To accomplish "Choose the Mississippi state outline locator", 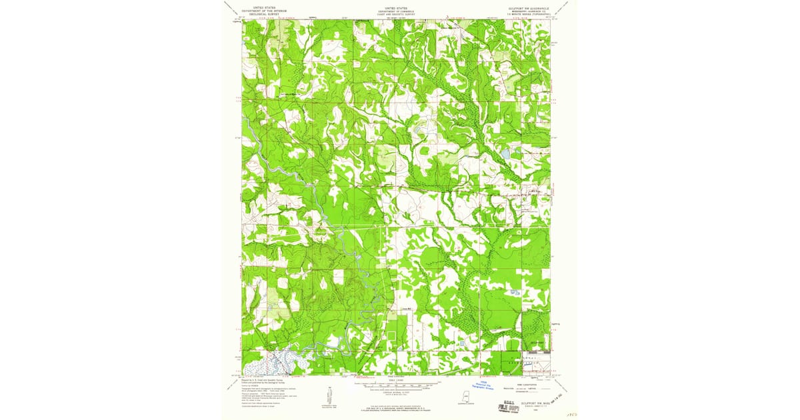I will pos(462,395).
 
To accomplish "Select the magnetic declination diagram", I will pos(329,393).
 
